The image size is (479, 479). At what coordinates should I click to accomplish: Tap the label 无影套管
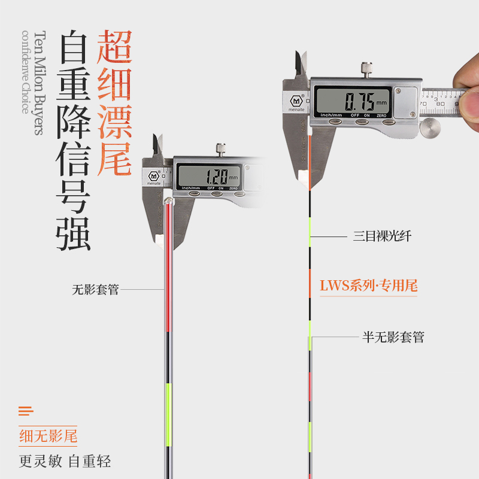tap(95, 290)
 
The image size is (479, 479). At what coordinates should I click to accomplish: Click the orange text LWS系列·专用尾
tap(368, 286)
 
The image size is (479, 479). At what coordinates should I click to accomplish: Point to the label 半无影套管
tap(393, 337)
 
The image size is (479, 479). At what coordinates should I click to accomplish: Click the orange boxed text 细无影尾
tap(48, 436)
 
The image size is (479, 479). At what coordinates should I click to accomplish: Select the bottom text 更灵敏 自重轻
tap(65, 462)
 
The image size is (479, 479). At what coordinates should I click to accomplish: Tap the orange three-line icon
tap(26, 411)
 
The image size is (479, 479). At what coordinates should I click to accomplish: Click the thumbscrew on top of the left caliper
tap(222, 149)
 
